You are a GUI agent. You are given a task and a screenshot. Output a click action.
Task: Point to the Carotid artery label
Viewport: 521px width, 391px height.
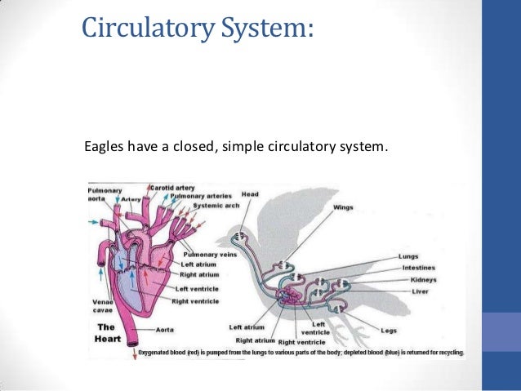tap(172, 188)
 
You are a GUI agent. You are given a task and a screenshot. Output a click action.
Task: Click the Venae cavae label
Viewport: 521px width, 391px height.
tap(102, 305)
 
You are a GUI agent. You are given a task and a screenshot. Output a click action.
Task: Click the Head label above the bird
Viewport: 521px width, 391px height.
tap(249, 194)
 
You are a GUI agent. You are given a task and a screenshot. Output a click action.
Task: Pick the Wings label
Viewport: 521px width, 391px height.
tap(343, 207)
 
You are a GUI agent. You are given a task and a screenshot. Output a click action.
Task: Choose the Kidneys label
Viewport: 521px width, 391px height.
tap(413, 280)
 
